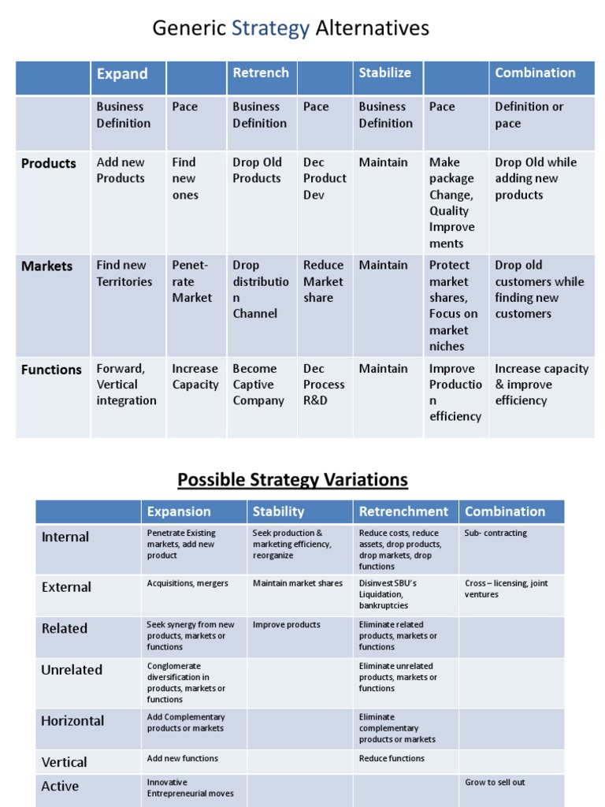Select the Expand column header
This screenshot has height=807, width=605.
tap(122, 74)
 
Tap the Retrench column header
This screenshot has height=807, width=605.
tap(261, 73)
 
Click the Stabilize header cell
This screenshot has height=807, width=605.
tap(385, 73)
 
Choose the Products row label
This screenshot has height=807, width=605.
tap(49, 163)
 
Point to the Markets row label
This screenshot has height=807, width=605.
tap(47, 266)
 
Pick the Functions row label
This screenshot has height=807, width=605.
tap(51, 370)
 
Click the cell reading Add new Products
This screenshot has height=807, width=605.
tap(121, 170)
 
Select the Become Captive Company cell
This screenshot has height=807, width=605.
tap(258, 385)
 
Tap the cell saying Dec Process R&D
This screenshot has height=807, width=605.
tap(324, 385)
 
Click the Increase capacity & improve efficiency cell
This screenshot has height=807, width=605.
tap(541, 385)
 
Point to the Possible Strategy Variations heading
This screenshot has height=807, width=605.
tap(292, 479)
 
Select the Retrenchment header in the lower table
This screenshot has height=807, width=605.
tap(403, 511)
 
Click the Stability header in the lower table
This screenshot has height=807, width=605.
tap(278, 511)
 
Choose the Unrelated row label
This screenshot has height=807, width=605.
tap(72, 670)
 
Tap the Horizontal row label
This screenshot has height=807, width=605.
tap(72, 720)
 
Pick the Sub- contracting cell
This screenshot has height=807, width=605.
tap(496, 533)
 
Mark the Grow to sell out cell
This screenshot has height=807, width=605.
tap(495, 782)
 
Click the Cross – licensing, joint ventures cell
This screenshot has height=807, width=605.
tap(506, 589)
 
